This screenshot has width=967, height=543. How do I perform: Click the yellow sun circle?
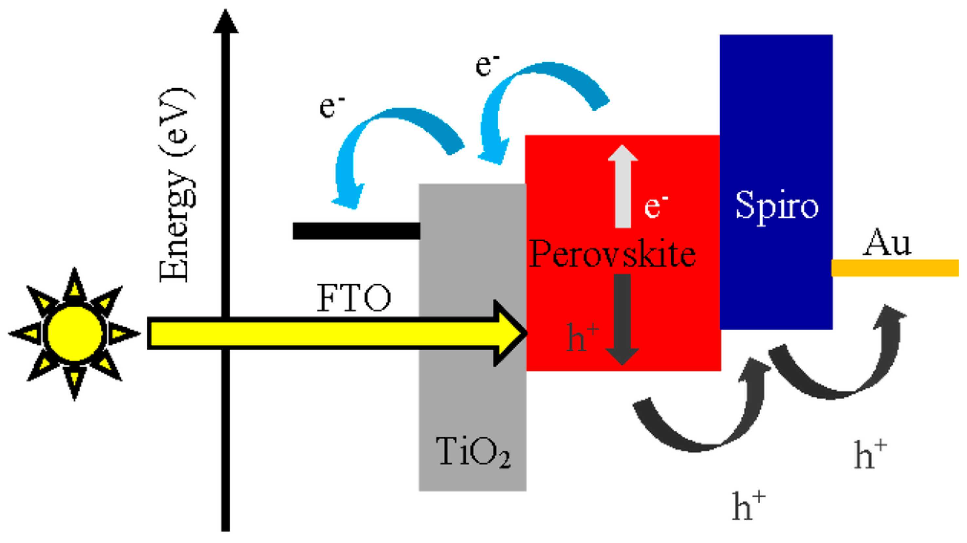(75, 333)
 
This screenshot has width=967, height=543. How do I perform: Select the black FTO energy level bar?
(356, 230)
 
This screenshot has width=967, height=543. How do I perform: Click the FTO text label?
(354, 298)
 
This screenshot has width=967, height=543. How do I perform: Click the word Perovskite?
(612, 255)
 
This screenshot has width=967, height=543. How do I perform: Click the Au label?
(886, 243)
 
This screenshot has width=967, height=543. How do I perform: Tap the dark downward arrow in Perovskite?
(622, 319)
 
